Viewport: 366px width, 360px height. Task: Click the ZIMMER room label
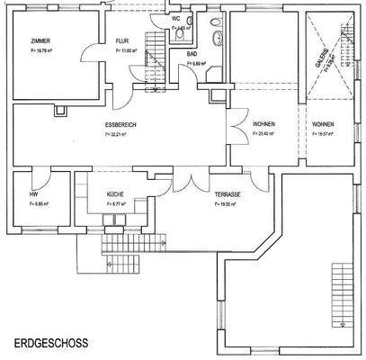pos(40,41)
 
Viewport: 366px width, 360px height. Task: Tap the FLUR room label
pos(123,41)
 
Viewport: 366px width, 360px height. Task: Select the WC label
pos(176,17)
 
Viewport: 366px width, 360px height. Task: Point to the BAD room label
pos(192,54)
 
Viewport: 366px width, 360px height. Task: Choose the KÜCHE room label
pos(115,193)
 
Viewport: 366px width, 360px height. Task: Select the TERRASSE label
pos(226,193)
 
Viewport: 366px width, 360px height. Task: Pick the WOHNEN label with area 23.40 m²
pos(263,123)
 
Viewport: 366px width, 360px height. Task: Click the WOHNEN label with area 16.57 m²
pos(323,123)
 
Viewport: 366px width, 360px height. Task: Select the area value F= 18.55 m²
pos(226,204)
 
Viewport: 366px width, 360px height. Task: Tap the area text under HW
pos(39,204)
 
